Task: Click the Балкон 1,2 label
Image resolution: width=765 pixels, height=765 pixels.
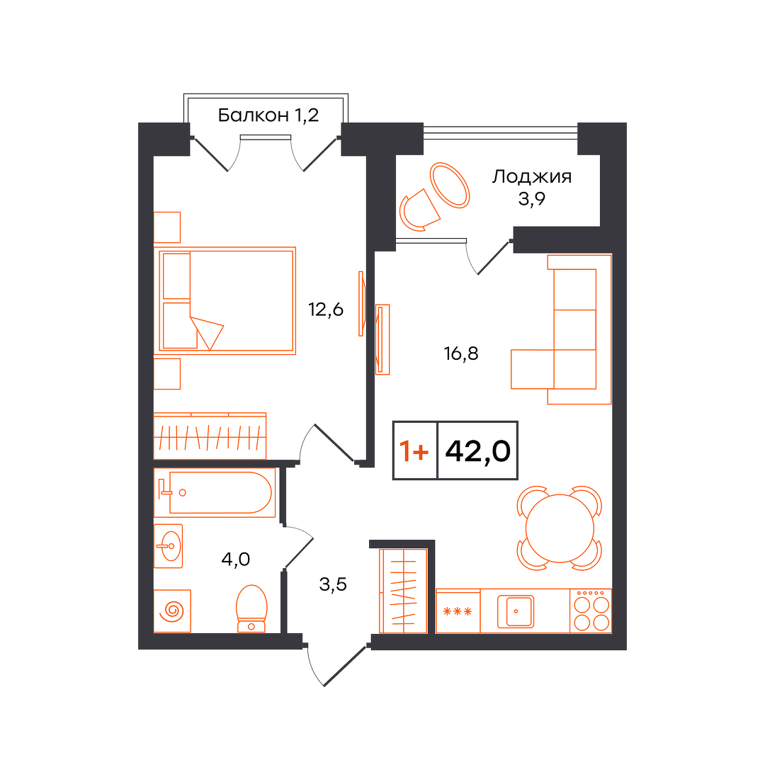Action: pos(268,115)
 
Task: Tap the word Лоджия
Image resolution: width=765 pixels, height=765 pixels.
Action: pos(531,176)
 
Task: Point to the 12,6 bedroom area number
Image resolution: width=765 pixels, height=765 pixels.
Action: pos(325,310)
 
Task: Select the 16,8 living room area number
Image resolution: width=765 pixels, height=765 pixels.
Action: pos(461,353)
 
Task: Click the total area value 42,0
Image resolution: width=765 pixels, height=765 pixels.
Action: pos(477,450)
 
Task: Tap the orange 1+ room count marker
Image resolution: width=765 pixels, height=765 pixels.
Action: pos(414,450)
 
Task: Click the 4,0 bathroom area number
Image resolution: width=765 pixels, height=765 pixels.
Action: pos(236,559)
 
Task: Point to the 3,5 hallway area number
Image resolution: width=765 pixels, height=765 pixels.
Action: pos(333,584)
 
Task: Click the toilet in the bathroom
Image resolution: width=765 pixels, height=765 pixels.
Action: pos(251,608)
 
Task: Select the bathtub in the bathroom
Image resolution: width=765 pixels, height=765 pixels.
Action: pos(215,492)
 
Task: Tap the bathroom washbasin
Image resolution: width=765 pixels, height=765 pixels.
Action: pos(169,546)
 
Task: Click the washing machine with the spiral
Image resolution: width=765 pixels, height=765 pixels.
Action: pos(172,611)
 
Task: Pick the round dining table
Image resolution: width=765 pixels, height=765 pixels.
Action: pos(560,528)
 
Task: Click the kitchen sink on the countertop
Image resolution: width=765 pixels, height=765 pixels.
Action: pos(516,611)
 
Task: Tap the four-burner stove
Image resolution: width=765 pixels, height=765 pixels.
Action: pos(591,611)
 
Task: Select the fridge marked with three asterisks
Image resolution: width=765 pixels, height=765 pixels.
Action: pos(458,611)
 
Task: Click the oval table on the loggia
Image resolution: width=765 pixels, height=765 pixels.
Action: pos(449,186)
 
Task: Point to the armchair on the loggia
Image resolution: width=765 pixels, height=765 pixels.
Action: pos(419,210)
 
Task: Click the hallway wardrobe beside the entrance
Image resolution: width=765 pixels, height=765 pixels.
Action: pos(403,591)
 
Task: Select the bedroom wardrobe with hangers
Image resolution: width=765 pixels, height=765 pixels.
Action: pos(210,436)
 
